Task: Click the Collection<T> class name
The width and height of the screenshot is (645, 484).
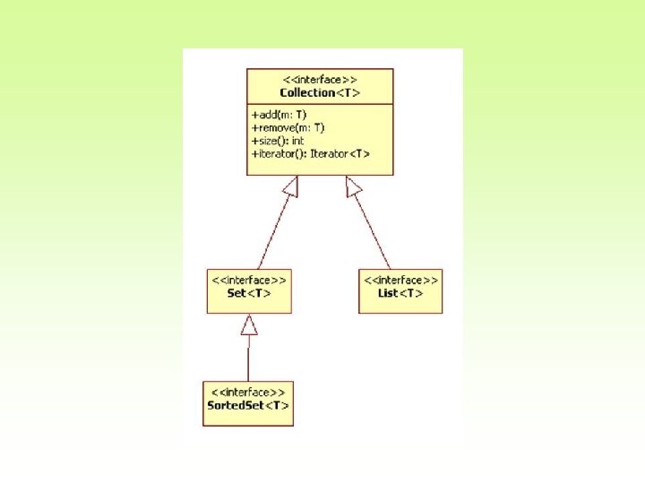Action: click(x=320, y=92)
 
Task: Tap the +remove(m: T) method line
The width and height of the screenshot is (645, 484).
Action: click(x=288, y=128)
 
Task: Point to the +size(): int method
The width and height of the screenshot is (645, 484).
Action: click(x=279, y=141)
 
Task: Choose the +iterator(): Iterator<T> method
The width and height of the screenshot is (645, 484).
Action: click(x=310, y=154)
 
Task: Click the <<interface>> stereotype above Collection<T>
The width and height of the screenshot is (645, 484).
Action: click(x=320, y=80)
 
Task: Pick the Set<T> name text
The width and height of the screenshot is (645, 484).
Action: click(x=249, y=293)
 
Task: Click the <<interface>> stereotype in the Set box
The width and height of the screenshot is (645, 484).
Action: click(x=249, y=280)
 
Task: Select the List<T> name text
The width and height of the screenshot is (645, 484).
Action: click(x=400, y=293)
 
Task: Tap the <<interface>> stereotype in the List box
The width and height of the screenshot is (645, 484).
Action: click(x=400, y=280)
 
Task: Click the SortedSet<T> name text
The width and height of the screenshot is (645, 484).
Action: click(x=248, y=406)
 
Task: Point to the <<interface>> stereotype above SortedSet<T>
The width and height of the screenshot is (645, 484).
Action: click(x=248, y=393)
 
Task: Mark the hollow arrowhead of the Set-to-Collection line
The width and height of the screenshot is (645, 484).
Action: click(x=289, y=186)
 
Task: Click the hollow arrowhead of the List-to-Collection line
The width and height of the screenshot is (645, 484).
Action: click(x=355, y=186)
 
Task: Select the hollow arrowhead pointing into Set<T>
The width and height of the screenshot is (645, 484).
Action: click(x=249, y=324)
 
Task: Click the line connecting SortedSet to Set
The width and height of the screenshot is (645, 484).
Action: click(x=249, y=359)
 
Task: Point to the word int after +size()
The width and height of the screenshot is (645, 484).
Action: click(x=297, y=141)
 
